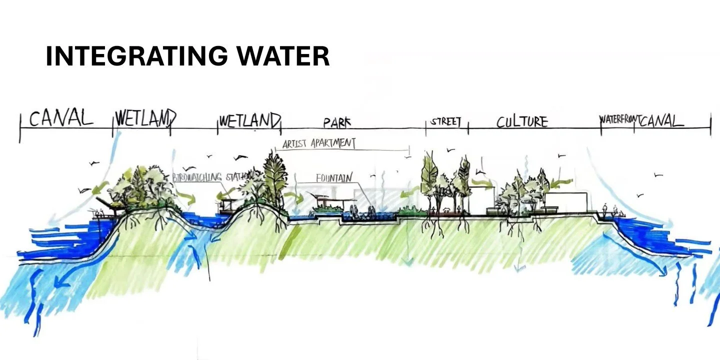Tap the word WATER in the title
click(283, 56)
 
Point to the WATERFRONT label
click(617, 120)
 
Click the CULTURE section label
click(522, 121)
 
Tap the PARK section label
click(337, 122)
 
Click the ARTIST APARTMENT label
click(319, 143)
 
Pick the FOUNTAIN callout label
click(334, 177)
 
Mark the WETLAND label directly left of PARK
click(249, 120)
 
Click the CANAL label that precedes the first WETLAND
click(61, 119)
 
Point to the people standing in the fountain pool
click(354, 211)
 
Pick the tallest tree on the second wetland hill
click(275, 175)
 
